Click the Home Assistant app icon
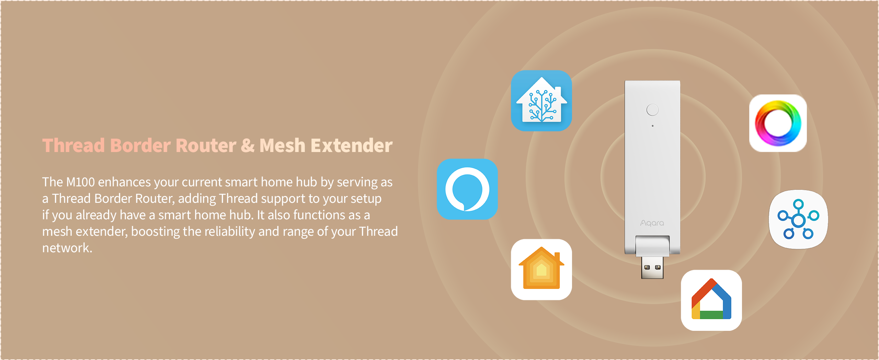(541, 101)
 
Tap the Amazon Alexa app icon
(467, 189)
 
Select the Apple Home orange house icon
(541, 269)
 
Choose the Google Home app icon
(711, 300)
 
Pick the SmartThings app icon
(798, 219)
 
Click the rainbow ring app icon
(778, 123)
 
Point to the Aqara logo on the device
(652, 223)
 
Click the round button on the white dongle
(652, 110)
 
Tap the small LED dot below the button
(653, 126)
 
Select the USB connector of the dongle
(652, 268)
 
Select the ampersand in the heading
(247, 145)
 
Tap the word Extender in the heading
(352, 145)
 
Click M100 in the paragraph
(80, 182)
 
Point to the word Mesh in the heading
(282, 145)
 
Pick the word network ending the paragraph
(67, 248)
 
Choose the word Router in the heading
(206, 145)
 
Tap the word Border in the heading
(140, 145)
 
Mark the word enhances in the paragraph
(124, 182)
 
